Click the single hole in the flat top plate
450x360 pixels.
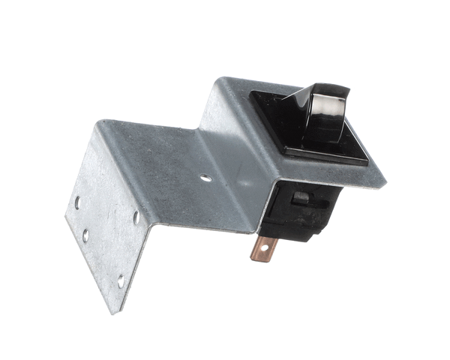(205, 178)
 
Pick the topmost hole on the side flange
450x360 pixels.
(77, 202)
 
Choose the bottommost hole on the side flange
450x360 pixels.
(120, 281)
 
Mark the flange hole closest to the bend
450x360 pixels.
(136, 217)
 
